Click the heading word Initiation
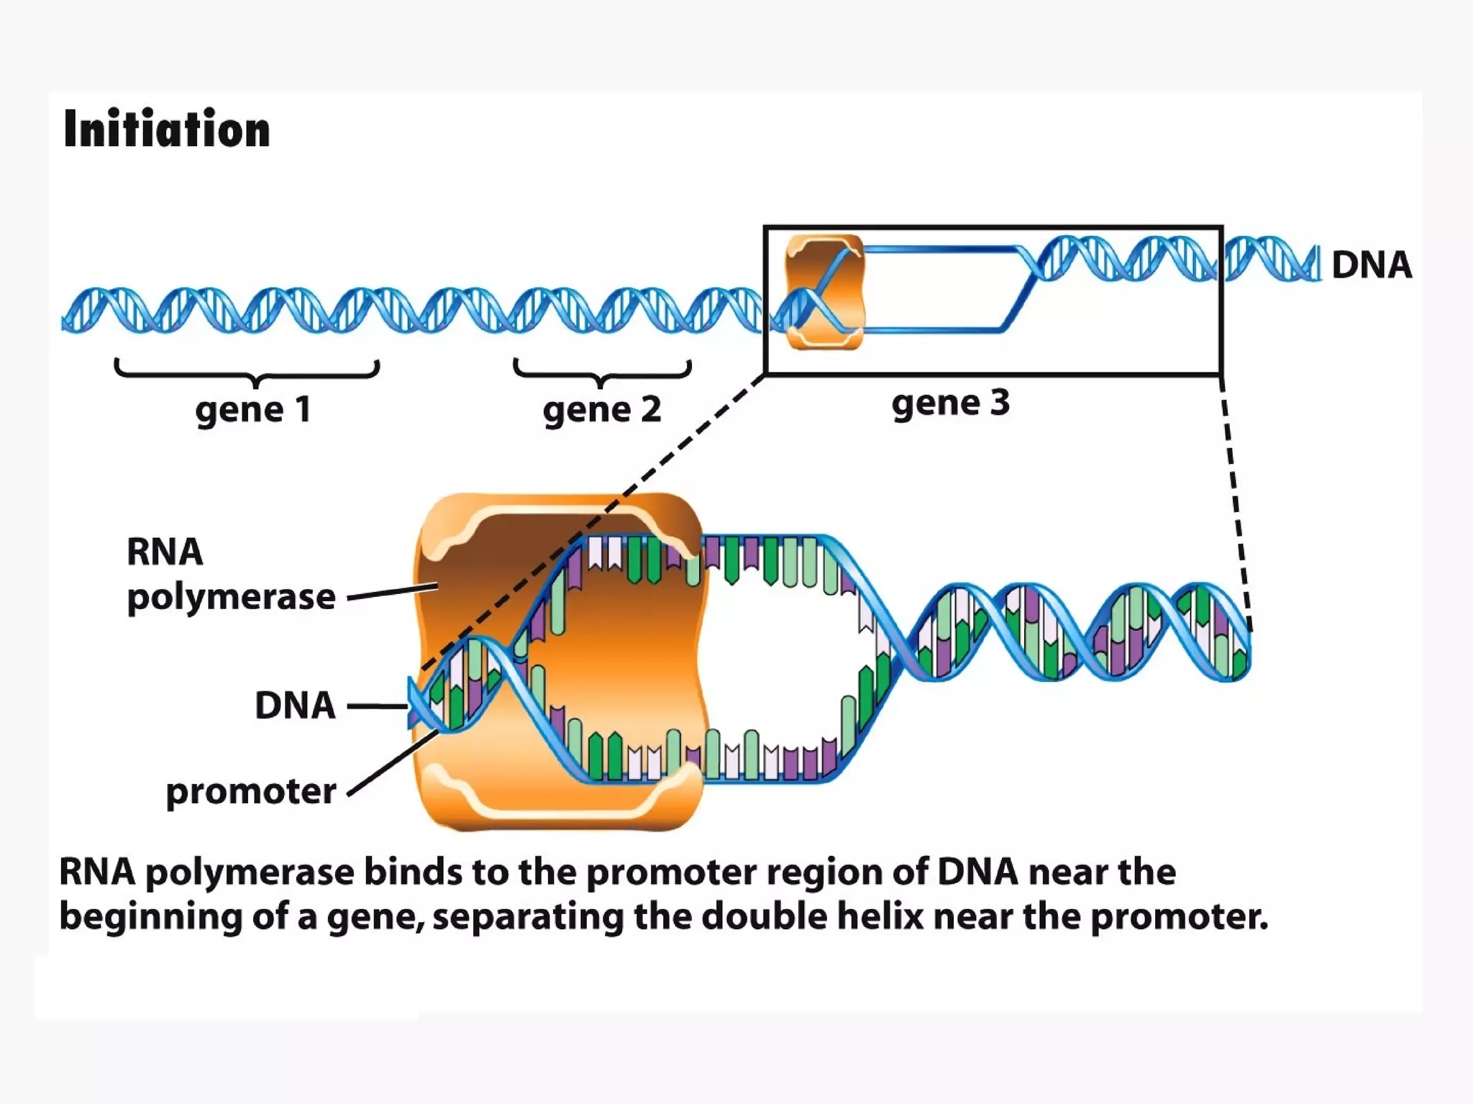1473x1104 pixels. tap(167, 129)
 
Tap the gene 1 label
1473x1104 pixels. tap(253, 410)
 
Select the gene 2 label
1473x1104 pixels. tap(602, 410)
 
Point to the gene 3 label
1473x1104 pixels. tap(950, 403)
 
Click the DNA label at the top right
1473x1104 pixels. tap(1372, 265)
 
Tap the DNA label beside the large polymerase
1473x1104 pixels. tap(295, 706)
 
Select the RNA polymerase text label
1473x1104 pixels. tap(230, 575)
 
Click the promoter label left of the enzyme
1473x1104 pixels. tap(250, 792)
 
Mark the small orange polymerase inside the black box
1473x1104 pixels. tap(824, 291)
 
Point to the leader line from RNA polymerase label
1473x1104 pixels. tap(392, 592)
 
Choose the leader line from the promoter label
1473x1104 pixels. tap(392, 763)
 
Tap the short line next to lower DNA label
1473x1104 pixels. tap(378, 706)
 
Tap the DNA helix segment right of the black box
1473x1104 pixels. tap(1272, 259)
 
